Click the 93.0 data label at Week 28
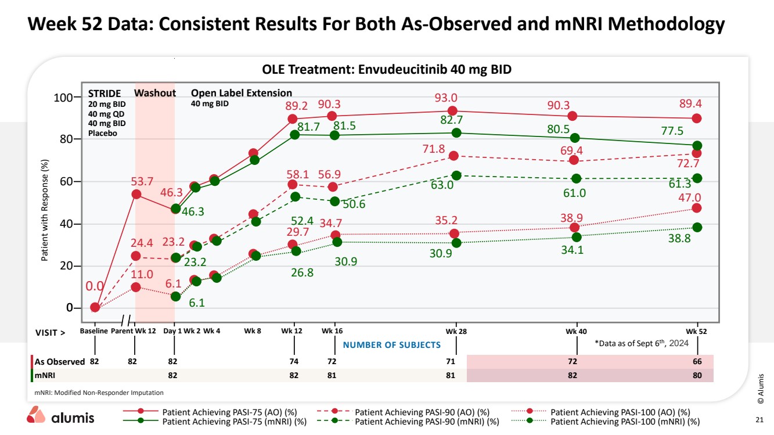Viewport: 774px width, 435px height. [446, 98]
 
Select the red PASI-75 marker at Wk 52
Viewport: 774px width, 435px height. [697, 118]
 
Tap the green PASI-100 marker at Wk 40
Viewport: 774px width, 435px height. [576, 237]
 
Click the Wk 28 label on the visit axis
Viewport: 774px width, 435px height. [456, 331]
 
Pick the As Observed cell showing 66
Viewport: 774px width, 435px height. [697, 361]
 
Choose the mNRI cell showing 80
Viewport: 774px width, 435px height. [697, 375]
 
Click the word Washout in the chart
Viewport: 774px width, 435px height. [154, 93]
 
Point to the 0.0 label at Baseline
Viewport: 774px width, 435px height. [95, 286]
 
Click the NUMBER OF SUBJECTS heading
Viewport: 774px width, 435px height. [392, 345]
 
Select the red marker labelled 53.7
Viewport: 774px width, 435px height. [136, 194]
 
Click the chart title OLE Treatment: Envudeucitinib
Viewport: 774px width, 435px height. [387, 69]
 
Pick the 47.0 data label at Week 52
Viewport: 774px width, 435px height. [690, 197]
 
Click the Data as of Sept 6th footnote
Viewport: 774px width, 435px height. [641, 343]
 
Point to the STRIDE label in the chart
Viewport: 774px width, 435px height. [105, 93]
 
